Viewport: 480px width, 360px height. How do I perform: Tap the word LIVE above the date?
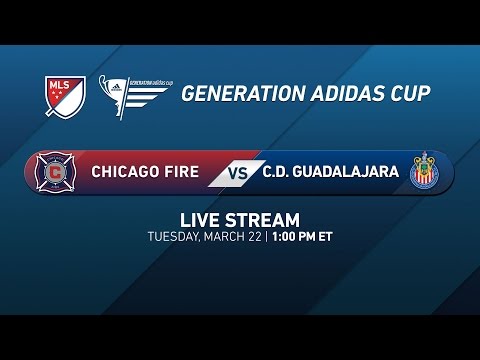[199, 220]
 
